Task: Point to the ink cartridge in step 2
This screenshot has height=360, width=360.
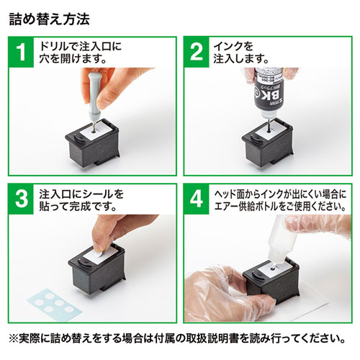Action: coord(266,144)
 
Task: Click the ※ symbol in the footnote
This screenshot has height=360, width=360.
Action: coord(15,338)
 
